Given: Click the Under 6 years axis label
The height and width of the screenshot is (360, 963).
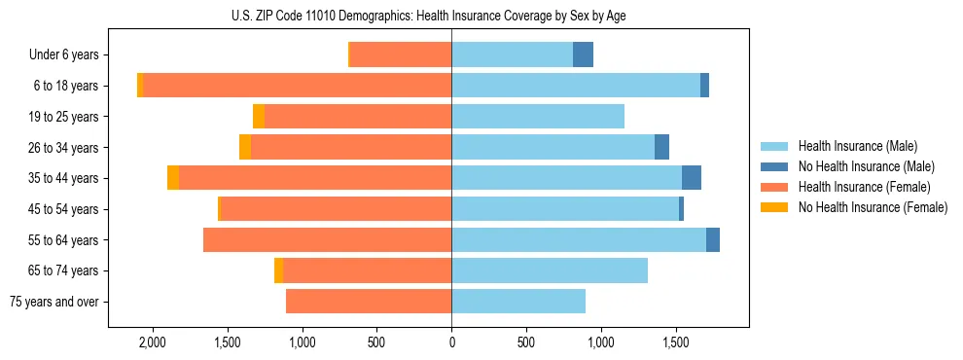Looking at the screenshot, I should [70, 55].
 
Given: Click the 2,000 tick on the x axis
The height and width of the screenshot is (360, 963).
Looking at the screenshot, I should [152, 342].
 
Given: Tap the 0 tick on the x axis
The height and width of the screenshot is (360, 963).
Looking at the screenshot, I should [451, 342].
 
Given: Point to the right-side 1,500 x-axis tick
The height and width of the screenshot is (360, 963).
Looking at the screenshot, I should [676, 342].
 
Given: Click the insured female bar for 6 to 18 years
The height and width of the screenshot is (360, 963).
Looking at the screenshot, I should [297, 86].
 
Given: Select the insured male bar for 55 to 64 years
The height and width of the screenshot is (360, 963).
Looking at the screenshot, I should [579, 239].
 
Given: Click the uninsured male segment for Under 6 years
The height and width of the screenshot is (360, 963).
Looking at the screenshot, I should [583, 54].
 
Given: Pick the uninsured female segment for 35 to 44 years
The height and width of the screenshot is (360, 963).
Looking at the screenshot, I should [173, 178].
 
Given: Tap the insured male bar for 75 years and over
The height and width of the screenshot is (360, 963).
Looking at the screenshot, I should [518, 302].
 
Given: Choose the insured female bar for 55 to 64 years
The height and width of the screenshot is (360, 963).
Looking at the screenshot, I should [327, 239].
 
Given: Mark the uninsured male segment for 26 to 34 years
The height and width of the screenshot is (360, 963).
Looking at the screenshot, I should [661, 147].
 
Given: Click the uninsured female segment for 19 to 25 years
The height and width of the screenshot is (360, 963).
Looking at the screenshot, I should [259, 117].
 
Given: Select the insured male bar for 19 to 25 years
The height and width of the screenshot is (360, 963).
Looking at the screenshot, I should [538, 117].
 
